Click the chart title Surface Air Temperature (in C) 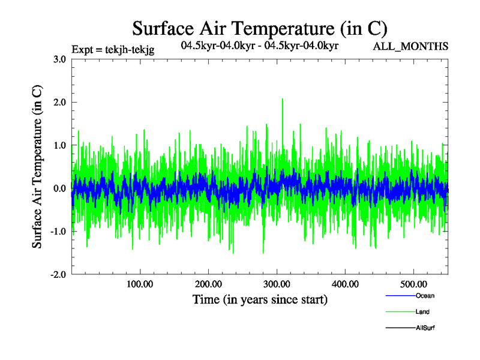tap(260, 28)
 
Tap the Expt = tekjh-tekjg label tap(113, 50)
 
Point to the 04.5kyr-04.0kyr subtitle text tap(260, 45)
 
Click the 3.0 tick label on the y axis tap(59, 59)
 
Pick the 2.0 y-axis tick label tap(59, 103)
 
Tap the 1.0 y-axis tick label tap(59, 146)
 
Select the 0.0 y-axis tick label tap(59, 189)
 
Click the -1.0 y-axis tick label tap(58, 232)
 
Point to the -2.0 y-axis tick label tap(58, 275)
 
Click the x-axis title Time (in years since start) tap(260, 299)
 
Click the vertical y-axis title tap(37, 167)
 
